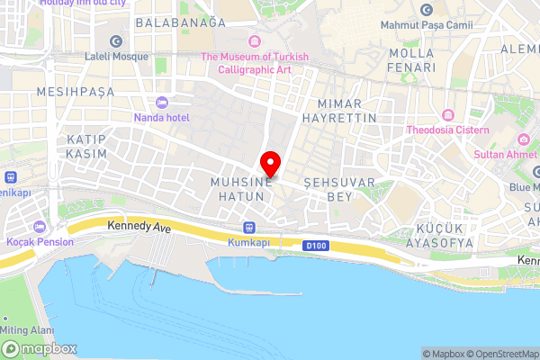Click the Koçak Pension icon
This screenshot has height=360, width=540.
click(x=38, y=226)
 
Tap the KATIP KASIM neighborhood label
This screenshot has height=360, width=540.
click(x=86, y=147)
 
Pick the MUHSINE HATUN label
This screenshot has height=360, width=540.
click(x=240, y=188)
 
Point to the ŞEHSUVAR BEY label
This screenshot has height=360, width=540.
click(x=327, y=188)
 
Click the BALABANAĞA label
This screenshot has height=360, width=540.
click(x=179, y=22)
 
